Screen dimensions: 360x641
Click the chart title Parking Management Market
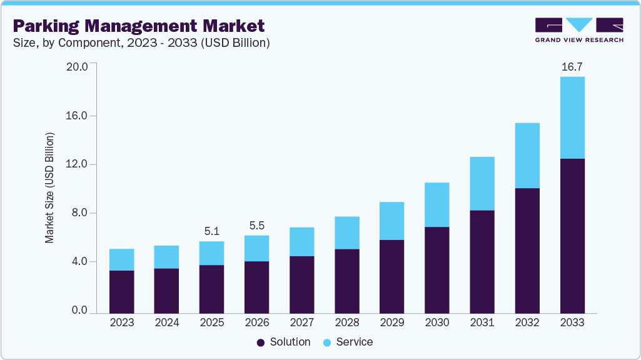pos(138,26)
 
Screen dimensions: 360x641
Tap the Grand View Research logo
pos(578,30)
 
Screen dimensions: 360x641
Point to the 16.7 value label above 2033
pos(572,67)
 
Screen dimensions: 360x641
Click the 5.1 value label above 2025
pos(211,231)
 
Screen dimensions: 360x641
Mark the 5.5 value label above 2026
pos(256,225)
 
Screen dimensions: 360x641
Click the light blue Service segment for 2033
pos(572,117)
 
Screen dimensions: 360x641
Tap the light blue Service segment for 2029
pos(392,221)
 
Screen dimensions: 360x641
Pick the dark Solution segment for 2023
pos(121,291)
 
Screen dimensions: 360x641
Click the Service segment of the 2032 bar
pos(527,156)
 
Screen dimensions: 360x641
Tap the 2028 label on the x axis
pos(347,322)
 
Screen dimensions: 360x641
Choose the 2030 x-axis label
pos(437,322)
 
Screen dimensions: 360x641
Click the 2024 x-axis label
pos(166,322)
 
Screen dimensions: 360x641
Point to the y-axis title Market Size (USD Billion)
pos(49,188)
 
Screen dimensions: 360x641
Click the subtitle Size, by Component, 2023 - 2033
pos(141,43)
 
